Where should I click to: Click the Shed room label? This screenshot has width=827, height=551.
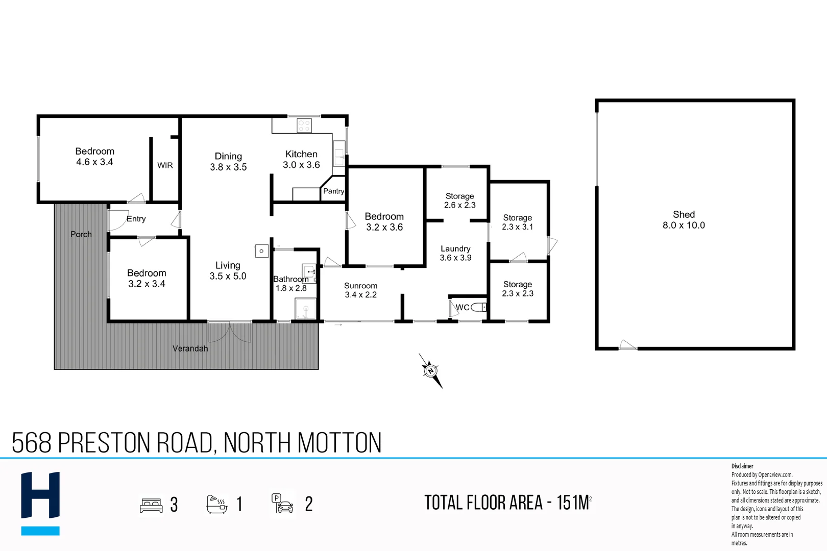click(684, 220)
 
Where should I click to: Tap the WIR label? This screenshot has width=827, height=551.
click(165, 165)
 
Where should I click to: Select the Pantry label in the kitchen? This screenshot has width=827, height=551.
click(333, 191)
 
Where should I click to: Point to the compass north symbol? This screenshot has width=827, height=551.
click(430, 370)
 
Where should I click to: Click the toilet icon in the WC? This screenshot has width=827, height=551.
click(479, 307)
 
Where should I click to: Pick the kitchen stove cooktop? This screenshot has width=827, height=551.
click(304, 126)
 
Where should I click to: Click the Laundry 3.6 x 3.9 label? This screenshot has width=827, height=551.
click(455, 253)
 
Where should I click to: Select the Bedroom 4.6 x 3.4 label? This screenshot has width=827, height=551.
click(94, 157)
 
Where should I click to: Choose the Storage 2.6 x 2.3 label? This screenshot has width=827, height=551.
click(459, 201)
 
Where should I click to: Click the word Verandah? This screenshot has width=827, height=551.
click(190, 348)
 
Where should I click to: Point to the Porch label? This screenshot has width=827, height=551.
click(81, 234)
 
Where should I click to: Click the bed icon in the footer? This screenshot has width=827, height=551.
click(151, 505)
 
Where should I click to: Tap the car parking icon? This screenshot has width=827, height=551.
click(282, 504)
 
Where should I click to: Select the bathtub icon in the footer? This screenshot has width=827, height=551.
click(216, 504)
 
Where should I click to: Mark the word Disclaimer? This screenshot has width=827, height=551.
click(742, 466)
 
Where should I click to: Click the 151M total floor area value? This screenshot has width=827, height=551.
click(573, 503)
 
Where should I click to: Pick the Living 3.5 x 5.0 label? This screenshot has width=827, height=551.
click(228, 271)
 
